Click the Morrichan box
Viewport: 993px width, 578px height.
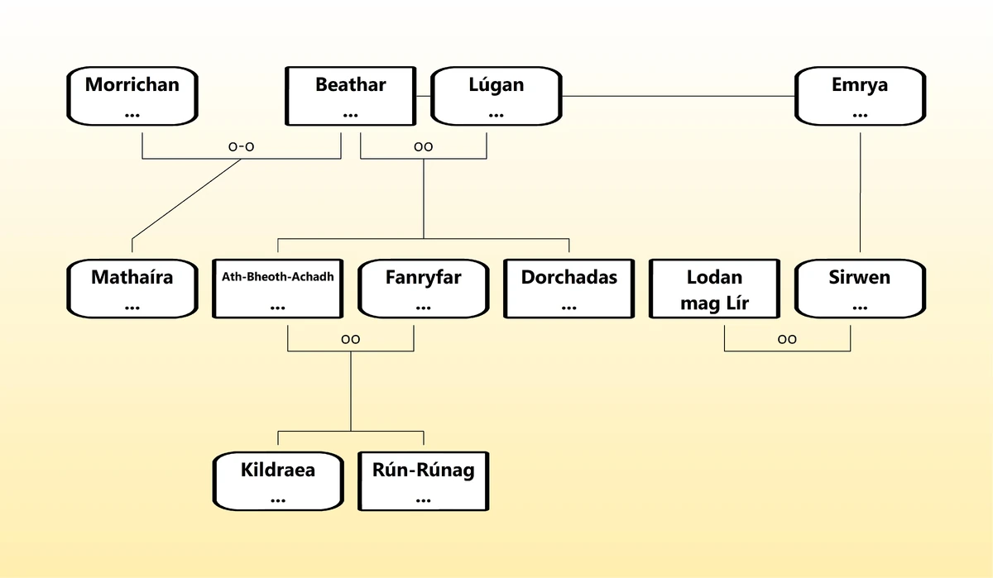pyautogui.click(x=132, y=96)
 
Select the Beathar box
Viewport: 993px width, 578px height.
pyautogui.click(x=350, y=96)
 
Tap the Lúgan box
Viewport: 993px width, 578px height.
pyautogui.click(x=496, y=96)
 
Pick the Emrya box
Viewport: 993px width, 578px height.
pyautogui.click(x=860, y=96)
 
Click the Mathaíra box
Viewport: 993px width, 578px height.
pyautogui.click(x=132, y=289)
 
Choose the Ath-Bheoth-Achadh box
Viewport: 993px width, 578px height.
pyautogui.click(x=277, y=289)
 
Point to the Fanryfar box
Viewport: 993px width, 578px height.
pyautogui.click(x=423, y=289)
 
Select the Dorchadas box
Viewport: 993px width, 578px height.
pyautogui.click(x=568, y=289)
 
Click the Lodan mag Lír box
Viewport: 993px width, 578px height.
pyautogui.click(x=714, y=289)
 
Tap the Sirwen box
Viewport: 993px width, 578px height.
pyautogui.click(x=860, y=289)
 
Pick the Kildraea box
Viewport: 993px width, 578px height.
pyautogui.click(x=277, y=481)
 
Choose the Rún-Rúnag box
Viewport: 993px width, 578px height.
pyautogui.click(x=423, y=481)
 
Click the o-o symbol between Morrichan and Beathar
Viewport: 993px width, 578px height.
pyautogui.click(x=241, y=146)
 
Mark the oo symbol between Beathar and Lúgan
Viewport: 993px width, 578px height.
pyautogui.click(x=423, y=146)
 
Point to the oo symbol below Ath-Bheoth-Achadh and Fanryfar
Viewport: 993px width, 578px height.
pyautogui.click(x=350, y=339)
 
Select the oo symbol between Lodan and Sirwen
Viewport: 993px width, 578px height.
pyautogui.click(x=787, y=339)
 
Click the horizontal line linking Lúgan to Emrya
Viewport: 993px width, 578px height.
pyautogui.click(x=679, y=97)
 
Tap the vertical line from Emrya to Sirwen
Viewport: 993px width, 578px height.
pyautogui.click(x=861, y=190)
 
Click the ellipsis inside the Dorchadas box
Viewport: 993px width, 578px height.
pyautogui.click(x=568, y=307)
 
